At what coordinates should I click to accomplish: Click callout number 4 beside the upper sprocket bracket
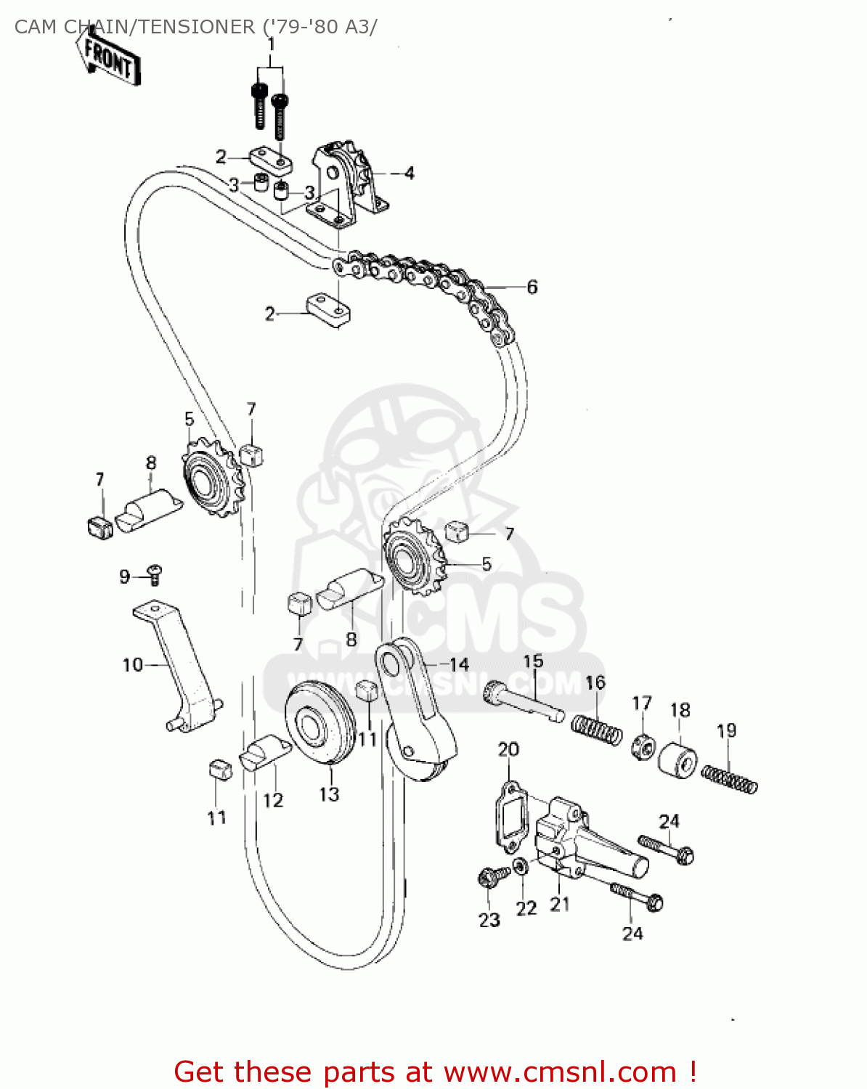410,174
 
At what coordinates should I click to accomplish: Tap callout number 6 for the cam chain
532,287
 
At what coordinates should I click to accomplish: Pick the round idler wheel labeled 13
319,724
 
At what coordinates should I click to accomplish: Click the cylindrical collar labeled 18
677,757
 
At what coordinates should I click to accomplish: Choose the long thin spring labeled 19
729,779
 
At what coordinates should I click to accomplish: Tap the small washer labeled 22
521,866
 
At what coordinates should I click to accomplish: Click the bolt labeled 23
486,878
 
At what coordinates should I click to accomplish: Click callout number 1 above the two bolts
271,44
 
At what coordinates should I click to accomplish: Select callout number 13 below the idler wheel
329,794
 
